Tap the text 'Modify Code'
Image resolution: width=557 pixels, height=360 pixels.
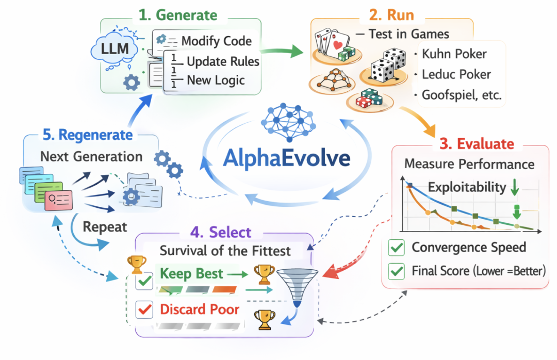click(x=216, y=42)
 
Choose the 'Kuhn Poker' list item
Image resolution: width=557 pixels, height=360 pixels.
click(x=454, y=54)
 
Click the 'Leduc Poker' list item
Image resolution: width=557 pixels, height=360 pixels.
click(x=456, y=74)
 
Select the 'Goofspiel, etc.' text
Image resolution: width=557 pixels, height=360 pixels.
click(x=461, y=95)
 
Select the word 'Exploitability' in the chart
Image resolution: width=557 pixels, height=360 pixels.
click(x=467, y=187)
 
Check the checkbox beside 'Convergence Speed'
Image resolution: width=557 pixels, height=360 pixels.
click(x=397, y=248)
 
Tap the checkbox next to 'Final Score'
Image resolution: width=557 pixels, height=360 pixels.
click(x=397, y=270)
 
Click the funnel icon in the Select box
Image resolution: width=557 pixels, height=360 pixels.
click(x=297, y=287)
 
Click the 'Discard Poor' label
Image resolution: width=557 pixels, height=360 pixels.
click(x=200, y=309)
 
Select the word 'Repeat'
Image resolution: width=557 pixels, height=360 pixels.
click(x=106, y=226)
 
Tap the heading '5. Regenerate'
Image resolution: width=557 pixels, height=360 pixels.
click(x=88, y=135)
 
